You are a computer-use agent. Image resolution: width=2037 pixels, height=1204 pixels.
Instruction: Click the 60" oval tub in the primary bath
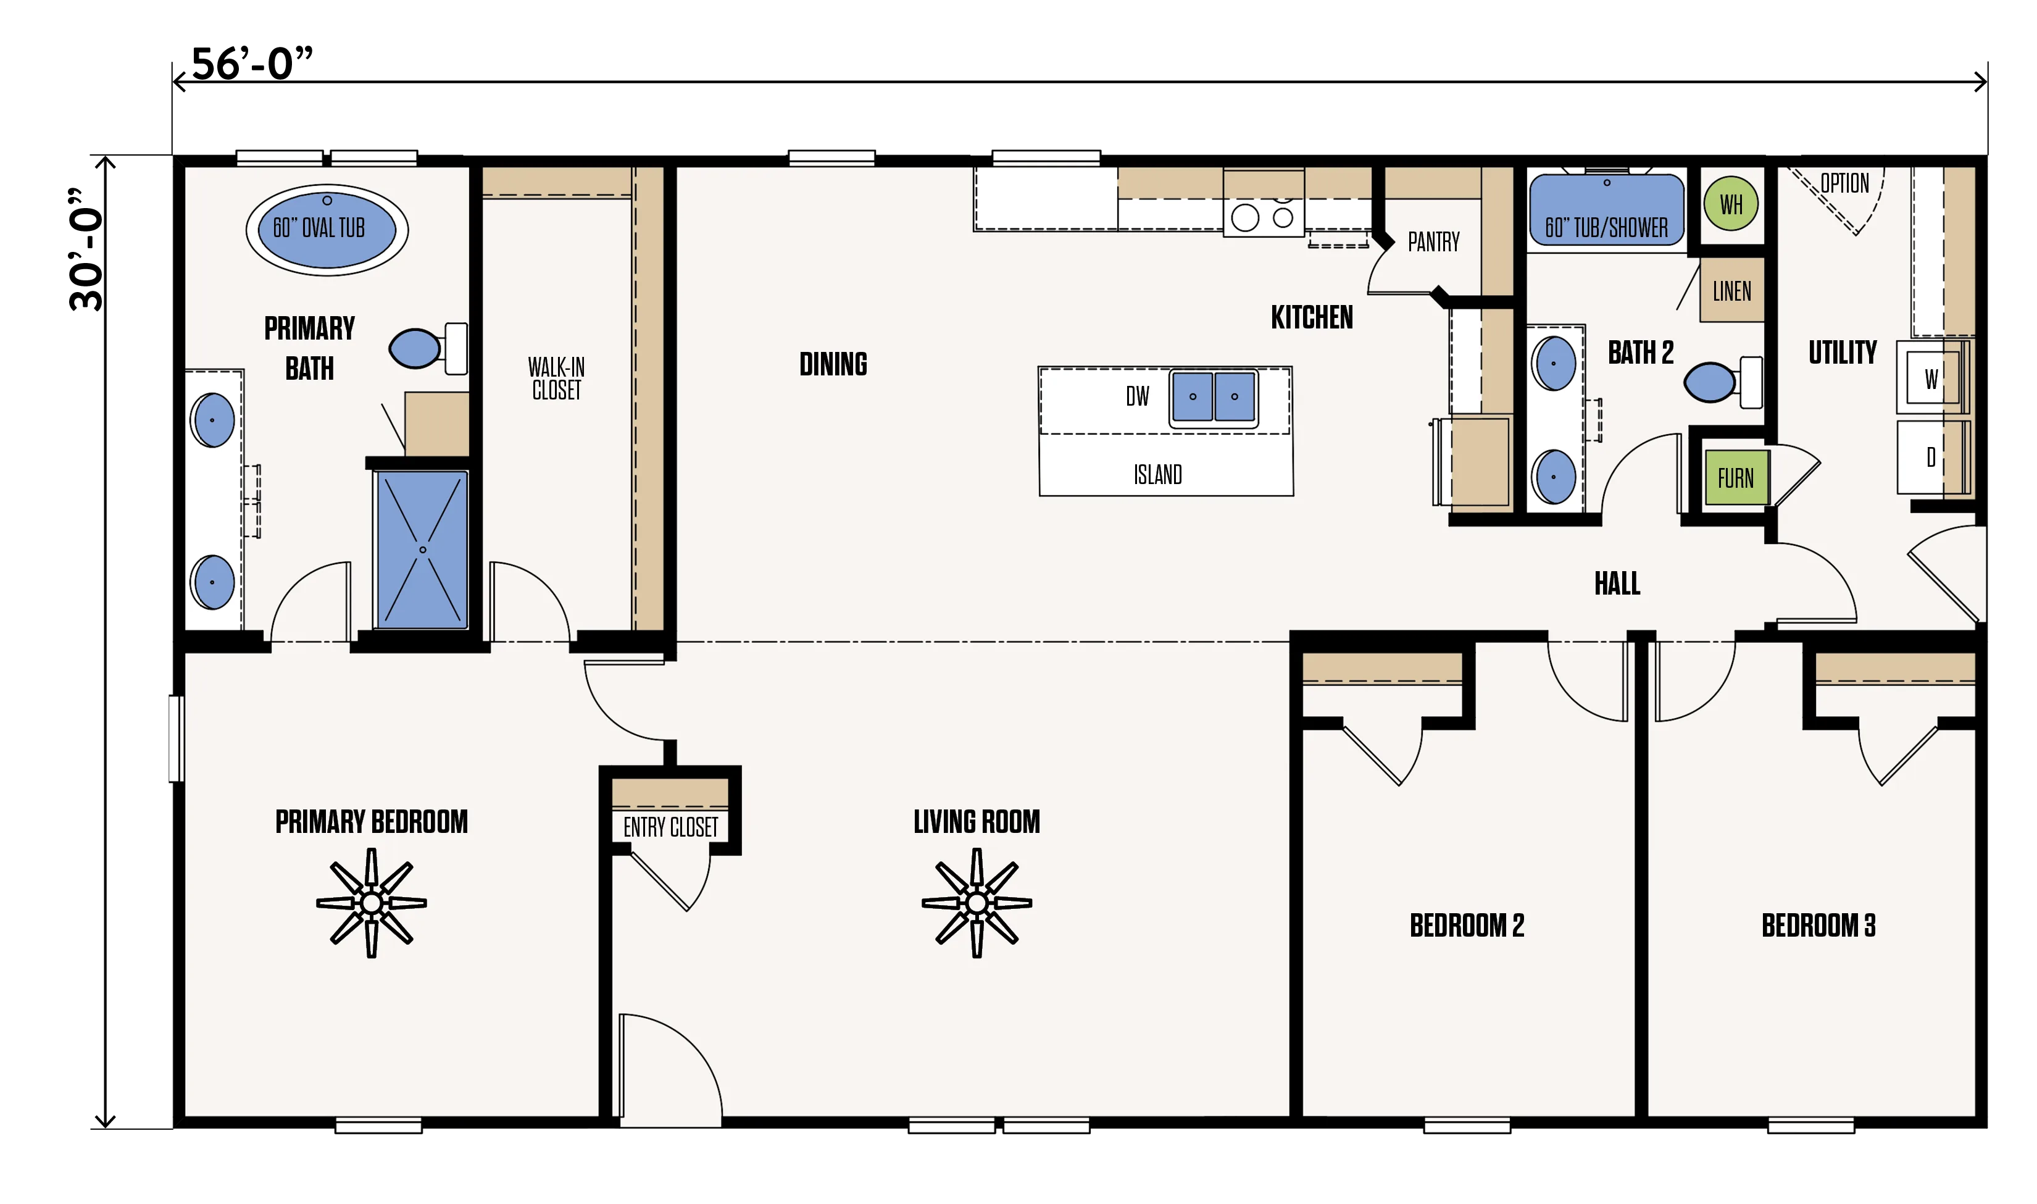pyautogui.click(x=327, y=230)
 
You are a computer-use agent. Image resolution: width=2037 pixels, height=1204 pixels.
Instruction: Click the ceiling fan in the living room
pyautogui.click(x=977, y=902)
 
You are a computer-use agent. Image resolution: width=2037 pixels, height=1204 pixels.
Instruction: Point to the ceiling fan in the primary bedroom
pyautogui.click(x=372, y=902)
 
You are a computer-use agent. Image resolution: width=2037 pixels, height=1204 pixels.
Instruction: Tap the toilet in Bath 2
pyautogui.click(x=1722, y=382)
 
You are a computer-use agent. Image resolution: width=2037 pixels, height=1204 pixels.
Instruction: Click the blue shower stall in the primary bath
pyautogui.click(x=422, y=550)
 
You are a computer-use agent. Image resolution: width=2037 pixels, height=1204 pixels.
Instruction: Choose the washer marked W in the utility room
pyautogui.click(x=1931, y=377)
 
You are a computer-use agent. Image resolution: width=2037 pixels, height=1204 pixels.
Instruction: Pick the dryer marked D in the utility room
pyautogui.click(x=1931, y=458)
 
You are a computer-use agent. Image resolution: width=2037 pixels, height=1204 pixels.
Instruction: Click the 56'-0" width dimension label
pyautogui.click(x=252, y=64)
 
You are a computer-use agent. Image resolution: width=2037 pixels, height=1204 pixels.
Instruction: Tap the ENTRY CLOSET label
pyautogui.click(x=670, y=827)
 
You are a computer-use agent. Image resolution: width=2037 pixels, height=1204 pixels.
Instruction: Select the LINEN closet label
pyautogui.click(x=1731, y=291)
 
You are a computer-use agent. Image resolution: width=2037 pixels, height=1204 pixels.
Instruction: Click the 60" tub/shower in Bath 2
pyautogui.click(x=1606, y=209)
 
